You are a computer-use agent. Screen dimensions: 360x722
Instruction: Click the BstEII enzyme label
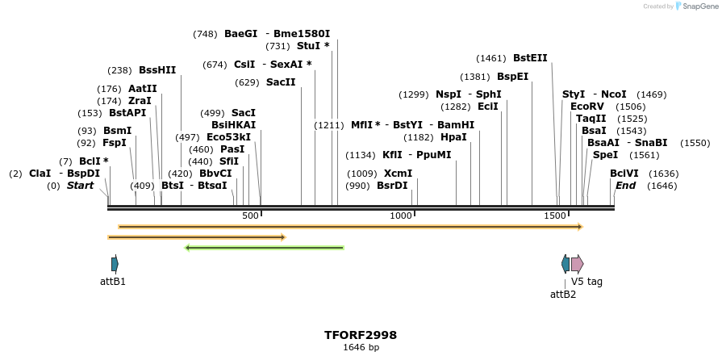[x=530, y=58]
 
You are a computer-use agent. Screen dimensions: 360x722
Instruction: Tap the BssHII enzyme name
[x=157, y=70]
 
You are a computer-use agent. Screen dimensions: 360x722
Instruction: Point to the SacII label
[x=281, y=82]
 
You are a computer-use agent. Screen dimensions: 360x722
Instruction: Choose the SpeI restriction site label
[x=605, y=155]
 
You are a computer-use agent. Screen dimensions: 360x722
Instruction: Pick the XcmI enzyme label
[x=398, y=174]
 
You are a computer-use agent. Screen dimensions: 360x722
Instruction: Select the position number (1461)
[x=491, y=58]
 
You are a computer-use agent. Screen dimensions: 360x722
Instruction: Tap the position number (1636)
[x=664, y=174]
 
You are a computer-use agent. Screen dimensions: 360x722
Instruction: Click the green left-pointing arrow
[x=265, y=248]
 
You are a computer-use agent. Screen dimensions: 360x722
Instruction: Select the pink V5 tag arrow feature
[x=577, y=263]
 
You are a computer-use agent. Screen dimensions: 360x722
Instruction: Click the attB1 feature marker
[x=115, y=264]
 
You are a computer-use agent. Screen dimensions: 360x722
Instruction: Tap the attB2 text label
[x=563, y=295]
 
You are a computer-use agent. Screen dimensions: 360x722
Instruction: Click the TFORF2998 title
[x=361, y=335]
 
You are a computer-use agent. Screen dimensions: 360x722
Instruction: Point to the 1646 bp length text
[x=361, y=348]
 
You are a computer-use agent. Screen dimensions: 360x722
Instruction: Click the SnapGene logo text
[x=695, y=6]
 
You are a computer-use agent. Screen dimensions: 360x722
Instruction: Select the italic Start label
[x=80, y=186]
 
